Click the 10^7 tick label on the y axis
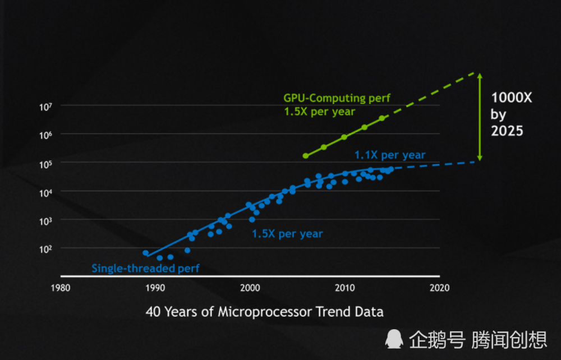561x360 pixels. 45,106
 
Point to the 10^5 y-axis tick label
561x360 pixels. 45,163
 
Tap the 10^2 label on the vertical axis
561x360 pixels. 45,248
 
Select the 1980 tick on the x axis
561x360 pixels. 60,288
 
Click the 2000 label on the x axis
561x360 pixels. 250,288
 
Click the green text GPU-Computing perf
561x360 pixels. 337,98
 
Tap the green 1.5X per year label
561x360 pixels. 319,112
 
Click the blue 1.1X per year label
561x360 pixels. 390,155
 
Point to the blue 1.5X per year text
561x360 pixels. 287,233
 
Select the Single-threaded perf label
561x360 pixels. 145,269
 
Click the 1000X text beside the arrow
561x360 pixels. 511,98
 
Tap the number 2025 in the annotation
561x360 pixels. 507,131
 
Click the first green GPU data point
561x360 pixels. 306,156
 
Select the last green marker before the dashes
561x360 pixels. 382,118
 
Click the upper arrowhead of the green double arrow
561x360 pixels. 479,76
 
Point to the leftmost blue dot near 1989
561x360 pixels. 146,253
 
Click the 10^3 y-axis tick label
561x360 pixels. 45,220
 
